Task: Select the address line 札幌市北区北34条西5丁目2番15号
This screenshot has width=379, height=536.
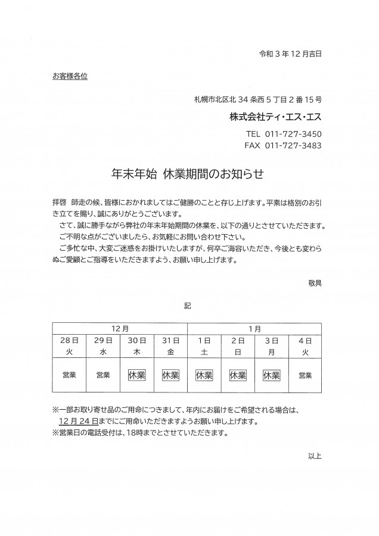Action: tap(258, 99)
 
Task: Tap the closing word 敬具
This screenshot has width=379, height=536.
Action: tap(315, 283)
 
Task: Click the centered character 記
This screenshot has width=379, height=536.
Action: tap(188, 306)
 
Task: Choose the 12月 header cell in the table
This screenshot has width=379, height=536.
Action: tap(120, 328)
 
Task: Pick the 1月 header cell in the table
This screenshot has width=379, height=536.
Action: tap(254, 328)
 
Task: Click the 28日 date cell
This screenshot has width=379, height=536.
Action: tap(69, 340)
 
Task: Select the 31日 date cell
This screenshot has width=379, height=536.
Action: tap(170, 340)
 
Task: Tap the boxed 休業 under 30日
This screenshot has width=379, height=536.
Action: tap(136, 375)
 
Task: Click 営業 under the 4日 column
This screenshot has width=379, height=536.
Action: tap(305, 375)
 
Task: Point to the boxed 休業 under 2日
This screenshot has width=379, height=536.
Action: tap(238, 375)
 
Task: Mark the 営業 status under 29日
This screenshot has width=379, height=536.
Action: tap(102, 375)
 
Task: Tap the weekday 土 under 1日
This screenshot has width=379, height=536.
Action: tap(204, 352)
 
